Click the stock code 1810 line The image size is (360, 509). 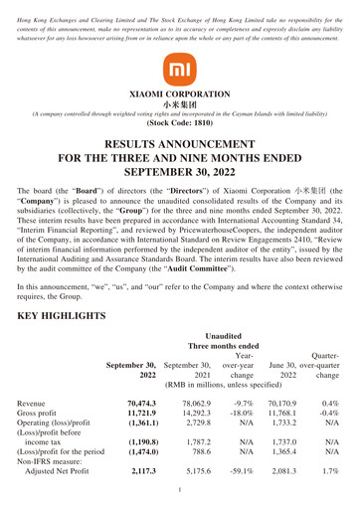179,126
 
